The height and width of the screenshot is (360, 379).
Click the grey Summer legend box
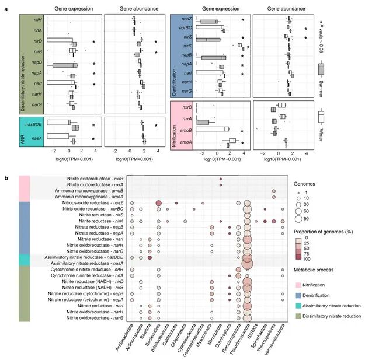point(321,70)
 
